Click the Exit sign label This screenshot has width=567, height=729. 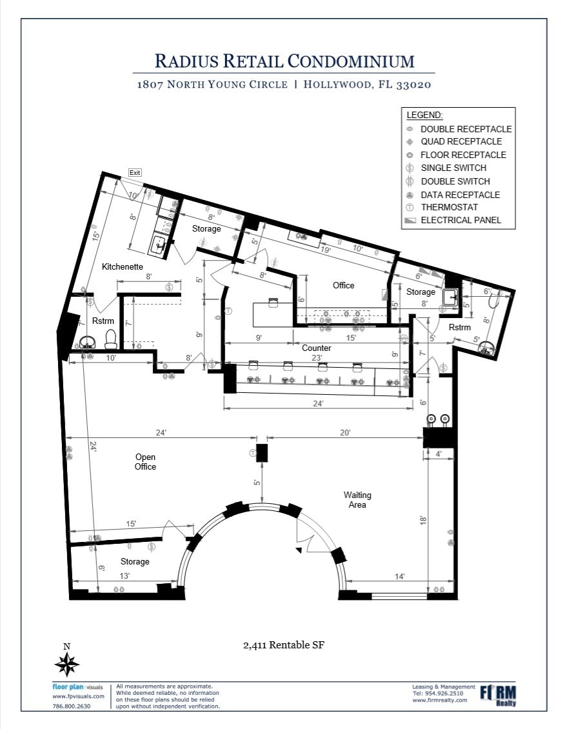point(135,172)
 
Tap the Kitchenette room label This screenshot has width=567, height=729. point(122,266)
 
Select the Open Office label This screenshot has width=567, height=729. point(145,462)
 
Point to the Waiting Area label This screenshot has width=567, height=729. point(357,500)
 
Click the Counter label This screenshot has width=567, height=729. point(317,348)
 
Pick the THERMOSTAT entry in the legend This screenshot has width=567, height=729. point(449,207)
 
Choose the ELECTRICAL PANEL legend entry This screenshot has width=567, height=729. point(460,220)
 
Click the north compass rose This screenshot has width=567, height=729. point(67,663)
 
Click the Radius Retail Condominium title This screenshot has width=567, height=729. point(284,61)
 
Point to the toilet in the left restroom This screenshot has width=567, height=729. point(111,338)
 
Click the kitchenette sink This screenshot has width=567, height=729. point(158,244)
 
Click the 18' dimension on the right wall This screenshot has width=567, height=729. point(423,519)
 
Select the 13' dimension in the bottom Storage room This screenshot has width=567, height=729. point(124,575)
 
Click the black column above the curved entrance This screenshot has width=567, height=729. point(261,452)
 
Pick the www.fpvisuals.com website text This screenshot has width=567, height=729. point(78,697)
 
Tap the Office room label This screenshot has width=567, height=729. point(343,285)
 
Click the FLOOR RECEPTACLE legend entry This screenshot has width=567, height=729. point(463,155)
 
